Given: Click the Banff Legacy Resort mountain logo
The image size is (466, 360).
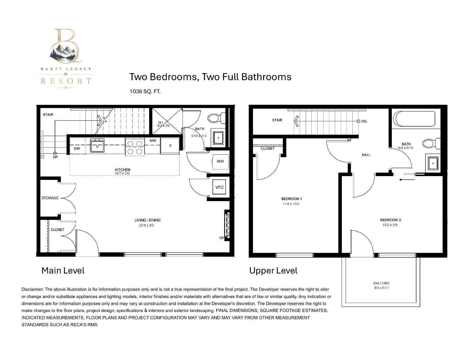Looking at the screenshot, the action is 66,58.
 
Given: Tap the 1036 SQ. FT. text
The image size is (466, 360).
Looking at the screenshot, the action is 145,91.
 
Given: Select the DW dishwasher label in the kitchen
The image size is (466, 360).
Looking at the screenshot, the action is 77,148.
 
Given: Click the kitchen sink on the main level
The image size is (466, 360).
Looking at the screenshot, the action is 97,146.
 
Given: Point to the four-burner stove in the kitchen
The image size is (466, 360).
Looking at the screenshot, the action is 135,147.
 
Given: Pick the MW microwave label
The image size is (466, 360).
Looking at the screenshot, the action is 153,141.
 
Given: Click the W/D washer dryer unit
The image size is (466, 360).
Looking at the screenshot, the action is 220,161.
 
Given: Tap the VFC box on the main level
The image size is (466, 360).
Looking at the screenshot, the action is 219,187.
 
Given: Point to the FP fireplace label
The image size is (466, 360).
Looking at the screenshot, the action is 221,238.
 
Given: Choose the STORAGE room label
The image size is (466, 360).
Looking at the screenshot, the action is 50,198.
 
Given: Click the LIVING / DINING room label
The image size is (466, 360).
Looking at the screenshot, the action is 148,220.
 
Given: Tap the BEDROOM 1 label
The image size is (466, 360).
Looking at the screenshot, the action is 292,199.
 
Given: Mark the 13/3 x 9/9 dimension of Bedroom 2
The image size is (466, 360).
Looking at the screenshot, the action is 390,225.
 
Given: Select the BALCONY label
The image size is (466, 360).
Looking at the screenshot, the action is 381,283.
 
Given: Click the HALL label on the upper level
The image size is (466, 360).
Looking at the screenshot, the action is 366,155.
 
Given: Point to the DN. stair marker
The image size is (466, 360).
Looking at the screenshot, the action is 364,121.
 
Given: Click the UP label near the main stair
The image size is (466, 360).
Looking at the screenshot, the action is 55,157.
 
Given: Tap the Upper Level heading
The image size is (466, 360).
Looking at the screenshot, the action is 273,271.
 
